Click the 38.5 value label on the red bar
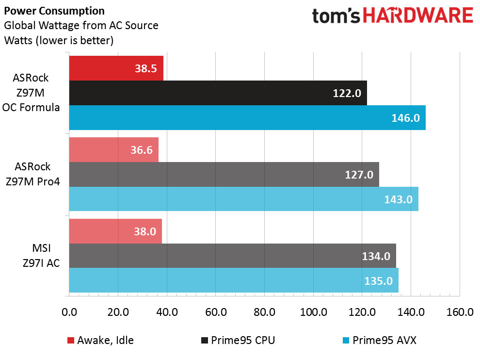(145, 68)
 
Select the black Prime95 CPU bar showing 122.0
(218, 93)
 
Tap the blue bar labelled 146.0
(247, 118)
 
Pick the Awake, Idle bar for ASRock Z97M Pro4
(114, 150)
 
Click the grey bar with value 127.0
(224, 175)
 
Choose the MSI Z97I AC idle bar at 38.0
(115, 231)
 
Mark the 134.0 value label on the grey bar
(376, 256)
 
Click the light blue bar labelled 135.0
(234, 281)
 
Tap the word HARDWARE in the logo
(418, 16)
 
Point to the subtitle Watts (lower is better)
(59, 41)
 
